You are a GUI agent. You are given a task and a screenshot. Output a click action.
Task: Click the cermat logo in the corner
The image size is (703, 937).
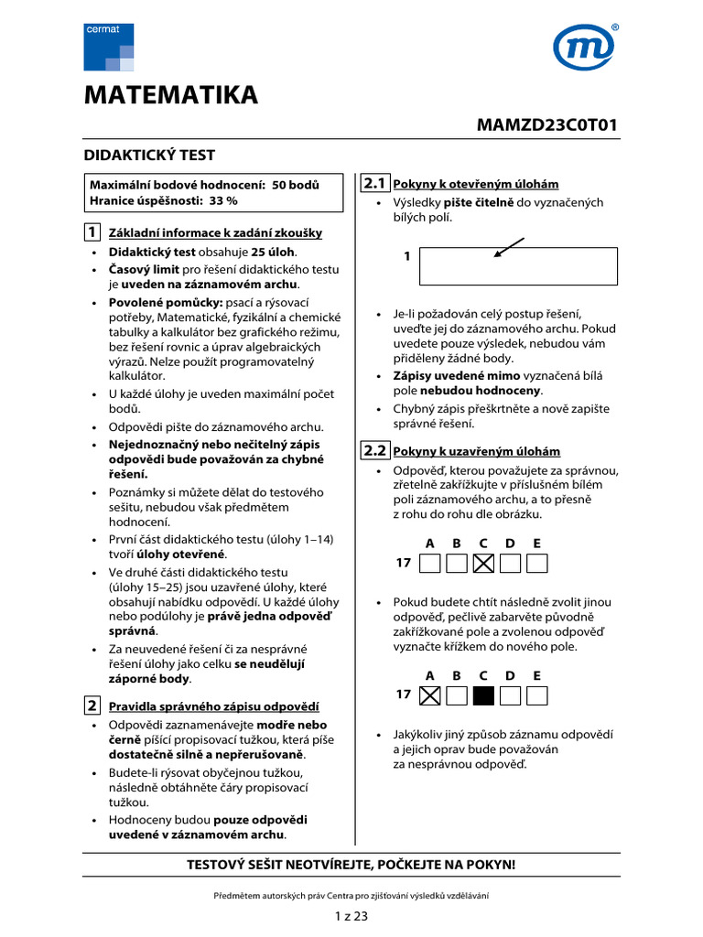pos(108,48)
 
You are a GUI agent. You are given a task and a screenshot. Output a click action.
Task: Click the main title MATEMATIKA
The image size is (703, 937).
pos(171,95)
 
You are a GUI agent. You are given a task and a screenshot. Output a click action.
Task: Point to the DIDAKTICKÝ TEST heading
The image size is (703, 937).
pos(149,156)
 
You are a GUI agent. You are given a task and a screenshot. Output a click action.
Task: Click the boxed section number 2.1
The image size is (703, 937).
pos(375,183)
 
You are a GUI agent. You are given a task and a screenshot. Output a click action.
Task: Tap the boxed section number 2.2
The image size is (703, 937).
pos(375,450)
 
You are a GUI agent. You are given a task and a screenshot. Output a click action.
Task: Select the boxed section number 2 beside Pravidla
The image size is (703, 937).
pos(92,705)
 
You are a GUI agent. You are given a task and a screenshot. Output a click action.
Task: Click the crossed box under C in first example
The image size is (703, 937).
pos(484,563)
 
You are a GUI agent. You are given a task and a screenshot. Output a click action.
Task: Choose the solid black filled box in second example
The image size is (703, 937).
pos(484,695)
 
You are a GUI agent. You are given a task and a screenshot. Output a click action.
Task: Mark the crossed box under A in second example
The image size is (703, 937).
pos(429,695)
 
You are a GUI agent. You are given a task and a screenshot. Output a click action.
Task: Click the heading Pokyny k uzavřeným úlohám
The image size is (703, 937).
pos(475,452)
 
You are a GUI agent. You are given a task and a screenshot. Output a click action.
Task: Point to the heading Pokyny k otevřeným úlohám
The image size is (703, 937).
pos(475,185)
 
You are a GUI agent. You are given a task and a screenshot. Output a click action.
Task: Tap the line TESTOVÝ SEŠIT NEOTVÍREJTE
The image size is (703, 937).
pos(351,864)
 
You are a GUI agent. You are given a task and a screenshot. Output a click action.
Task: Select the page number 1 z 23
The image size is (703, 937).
pos(351,916)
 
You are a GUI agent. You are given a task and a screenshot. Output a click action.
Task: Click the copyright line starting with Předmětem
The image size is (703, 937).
pos(351,896)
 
